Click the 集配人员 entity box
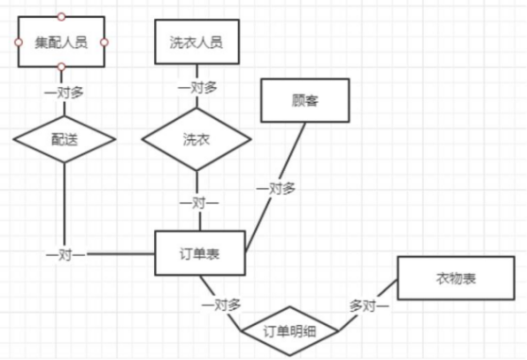coord(61,43)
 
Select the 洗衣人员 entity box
coord(195,43)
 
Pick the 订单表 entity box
coord(200,254)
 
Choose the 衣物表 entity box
coord(454,280)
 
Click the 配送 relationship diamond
coord(64,138)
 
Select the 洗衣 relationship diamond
coord(195,139)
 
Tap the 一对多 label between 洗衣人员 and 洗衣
coord(196,87)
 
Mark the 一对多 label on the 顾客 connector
coord(276,189)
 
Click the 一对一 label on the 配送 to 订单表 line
coord(65,255)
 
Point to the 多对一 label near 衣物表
coord(368,305)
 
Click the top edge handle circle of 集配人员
coord(61,17)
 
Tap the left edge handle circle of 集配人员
coord(18,43)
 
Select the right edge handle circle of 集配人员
coord(105,43)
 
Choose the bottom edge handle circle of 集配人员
coord(61,67)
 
